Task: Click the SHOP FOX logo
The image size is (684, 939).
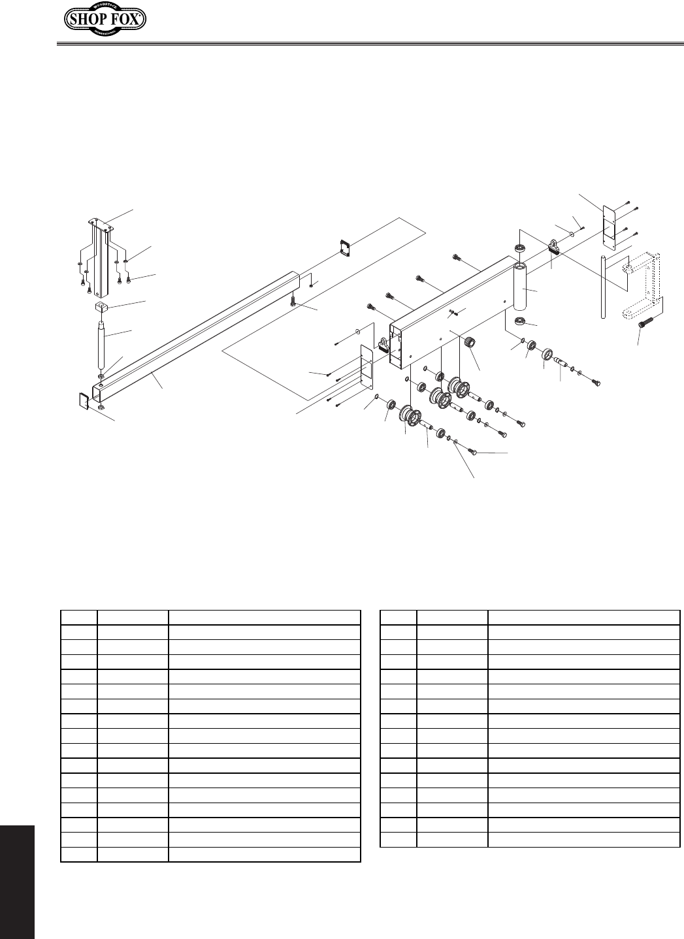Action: click(x=105, y=20)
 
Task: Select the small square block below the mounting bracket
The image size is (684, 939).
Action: click(x=101, y=307)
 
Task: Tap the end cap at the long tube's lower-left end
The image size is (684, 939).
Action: click(x=83, y=400)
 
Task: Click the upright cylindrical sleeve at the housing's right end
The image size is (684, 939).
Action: click(x=523, y=287)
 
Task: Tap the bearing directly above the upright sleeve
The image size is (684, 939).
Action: click(x=520, y=248)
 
